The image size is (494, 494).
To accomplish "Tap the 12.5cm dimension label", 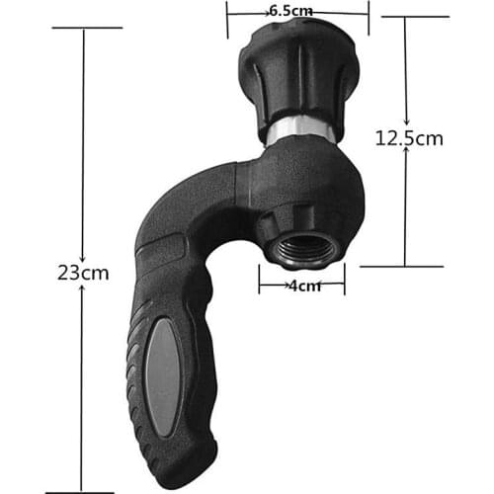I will (x=408, y=138).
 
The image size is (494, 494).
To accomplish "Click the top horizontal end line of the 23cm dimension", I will (x=81, y=28).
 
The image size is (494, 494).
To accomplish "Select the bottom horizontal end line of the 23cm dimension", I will (x=81, y=491).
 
